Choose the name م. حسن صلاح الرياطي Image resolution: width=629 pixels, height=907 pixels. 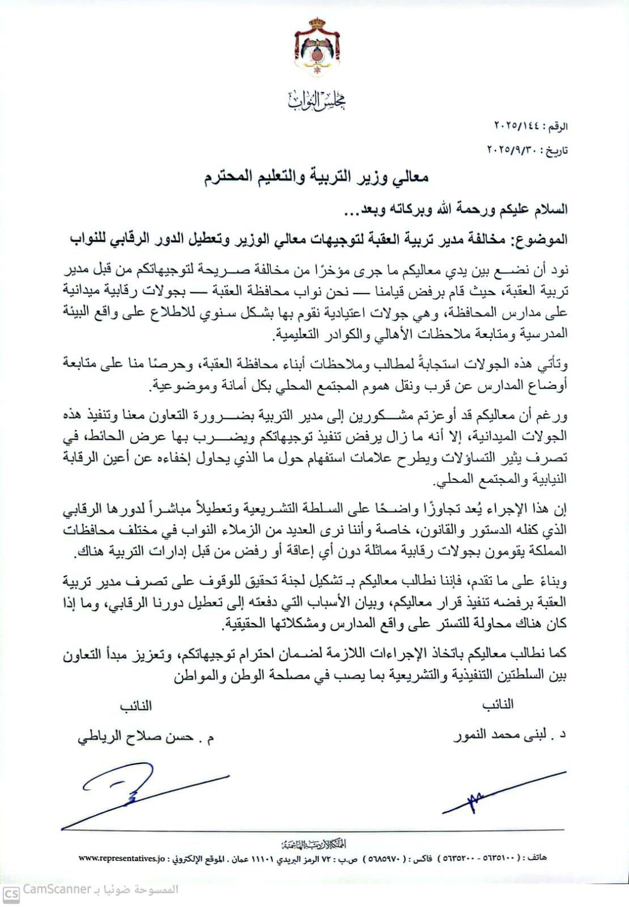(145, 737)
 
